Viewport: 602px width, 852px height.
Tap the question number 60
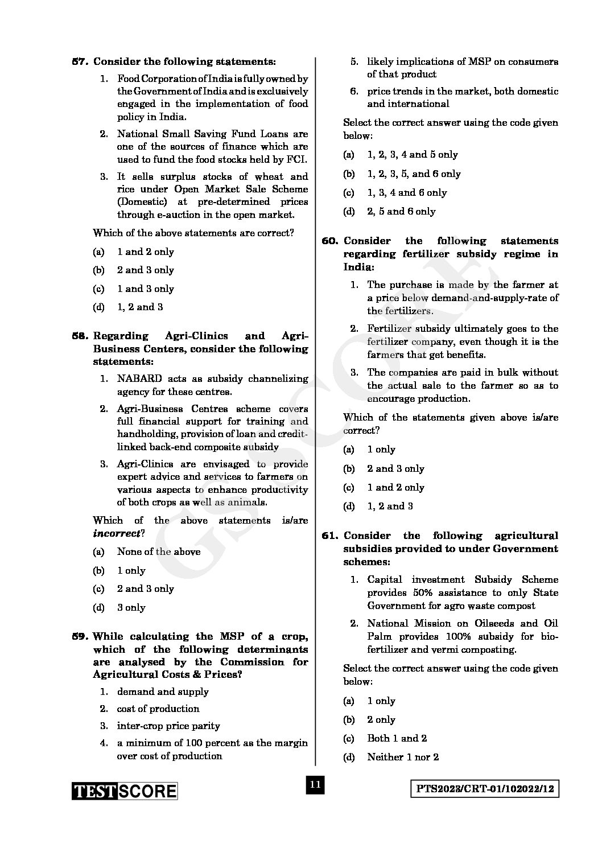330,241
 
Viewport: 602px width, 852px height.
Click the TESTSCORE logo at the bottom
124,791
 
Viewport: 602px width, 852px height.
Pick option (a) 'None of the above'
158,551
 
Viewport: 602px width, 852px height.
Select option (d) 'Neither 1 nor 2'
402,757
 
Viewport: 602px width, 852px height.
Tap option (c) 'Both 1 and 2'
397,738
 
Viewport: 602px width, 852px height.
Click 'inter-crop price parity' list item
168,726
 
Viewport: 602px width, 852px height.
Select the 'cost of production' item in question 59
158,709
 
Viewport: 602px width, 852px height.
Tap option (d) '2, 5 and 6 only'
401,211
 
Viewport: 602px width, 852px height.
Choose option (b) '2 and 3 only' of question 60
395,468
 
